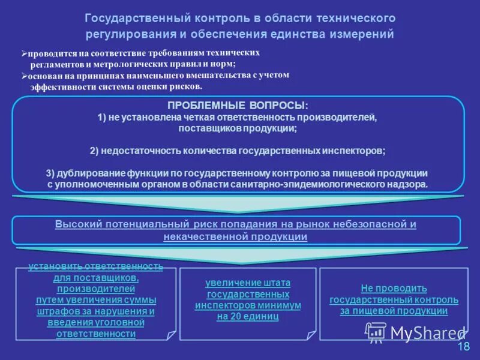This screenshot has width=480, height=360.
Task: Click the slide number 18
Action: coord(463,346)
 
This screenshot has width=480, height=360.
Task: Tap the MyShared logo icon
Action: coord(376,332)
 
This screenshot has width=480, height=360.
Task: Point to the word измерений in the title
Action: coord(365,34)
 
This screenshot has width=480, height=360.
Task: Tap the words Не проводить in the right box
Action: coord(394,288)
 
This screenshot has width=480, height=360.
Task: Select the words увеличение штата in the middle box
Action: coord(247,283)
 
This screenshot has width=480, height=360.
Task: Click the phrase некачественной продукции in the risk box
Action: coord(235,236)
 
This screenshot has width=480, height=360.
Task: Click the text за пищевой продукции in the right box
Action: coord(394,311)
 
